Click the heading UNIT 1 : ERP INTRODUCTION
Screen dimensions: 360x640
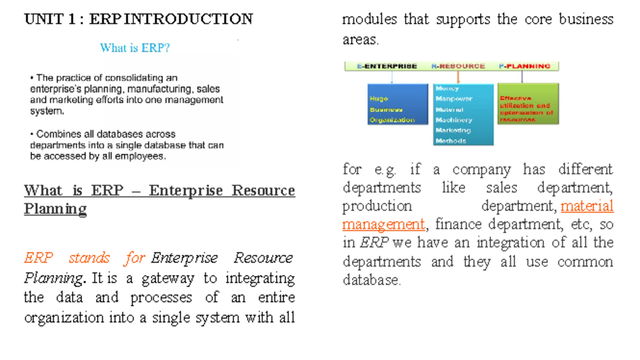coord(138,20)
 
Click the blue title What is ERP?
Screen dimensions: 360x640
coord(135,48)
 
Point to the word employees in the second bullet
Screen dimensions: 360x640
coord(141,156)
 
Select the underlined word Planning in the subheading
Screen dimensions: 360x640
coord(55,209)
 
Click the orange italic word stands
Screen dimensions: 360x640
coord(89,259)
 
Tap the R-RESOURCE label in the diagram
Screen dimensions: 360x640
coord(458,66)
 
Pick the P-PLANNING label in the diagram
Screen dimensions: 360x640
coord(525,66)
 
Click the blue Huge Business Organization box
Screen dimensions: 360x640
coord(397,104)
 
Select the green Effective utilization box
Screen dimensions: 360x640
coord(528,104)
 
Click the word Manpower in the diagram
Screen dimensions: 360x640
coord(454,99)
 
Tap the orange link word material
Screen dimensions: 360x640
coord(587,206)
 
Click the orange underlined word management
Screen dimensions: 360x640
coord(383,225)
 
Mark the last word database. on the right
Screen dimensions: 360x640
coord(371,281)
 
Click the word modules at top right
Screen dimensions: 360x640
coord(369,20)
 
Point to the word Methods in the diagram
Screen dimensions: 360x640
coord(451,141)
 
